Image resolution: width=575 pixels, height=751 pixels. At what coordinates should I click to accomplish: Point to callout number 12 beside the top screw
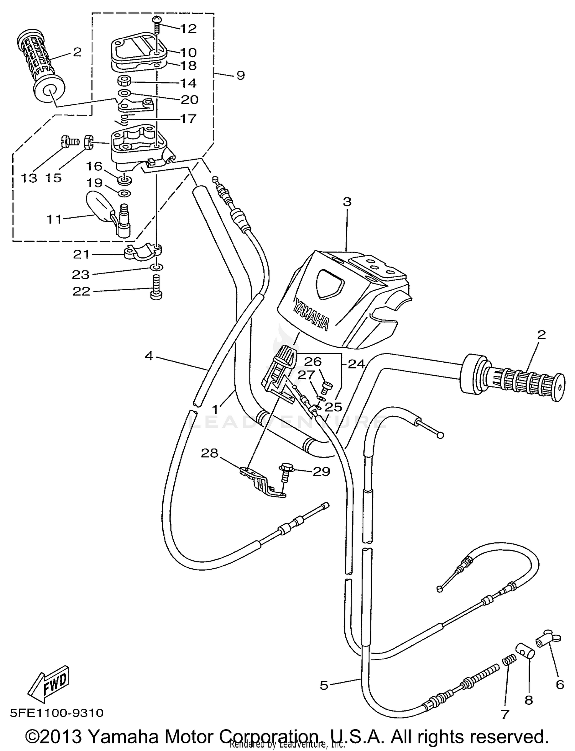[188, 29]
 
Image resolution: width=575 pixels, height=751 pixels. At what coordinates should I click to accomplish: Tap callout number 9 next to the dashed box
[240, 75]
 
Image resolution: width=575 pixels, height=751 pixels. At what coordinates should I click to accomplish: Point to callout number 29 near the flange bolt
[321, 471]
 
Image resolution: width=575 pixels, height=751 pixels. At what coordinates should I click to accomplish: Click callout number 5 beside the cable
[324, 685]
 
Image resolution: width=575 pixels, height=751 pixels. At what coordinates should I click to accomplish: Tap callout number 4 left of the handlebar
[149, 356]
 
